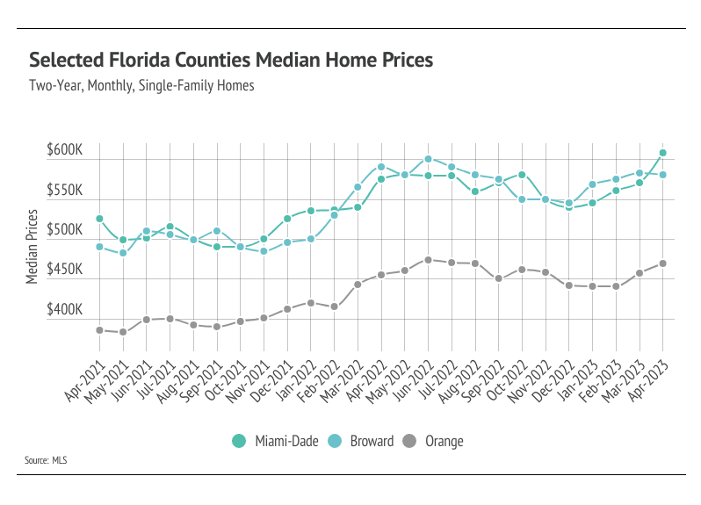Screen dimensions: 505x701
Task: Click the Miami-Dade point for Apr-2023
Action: (x=662, y=153)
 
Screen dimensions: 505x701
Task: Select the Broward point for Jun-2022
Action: (x=428, y=159)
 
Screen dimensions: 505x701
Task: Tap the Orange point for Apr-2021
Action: (x=99, y=330)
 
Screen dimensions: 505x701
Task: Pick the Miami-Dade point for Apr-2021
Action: (x=99, y=219)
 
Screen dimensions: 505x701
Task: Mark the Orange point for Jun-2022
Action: (x=428, y=260)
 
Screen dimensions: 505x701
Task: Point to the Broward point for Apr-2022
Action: (x=381, y=167)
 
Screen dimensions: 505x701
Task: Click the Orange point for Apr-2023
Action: (x=662, y=263)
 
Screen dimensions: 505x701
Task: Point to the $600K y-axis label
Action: (x=64, y=150)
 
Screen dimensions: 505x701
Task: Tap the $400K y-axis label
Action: (x=64, y=310)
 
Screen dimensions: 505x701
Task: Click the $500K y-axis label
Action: (x=64, y=230)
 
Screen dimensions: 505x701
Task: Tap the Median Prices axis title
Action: (x=32, y=246)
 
